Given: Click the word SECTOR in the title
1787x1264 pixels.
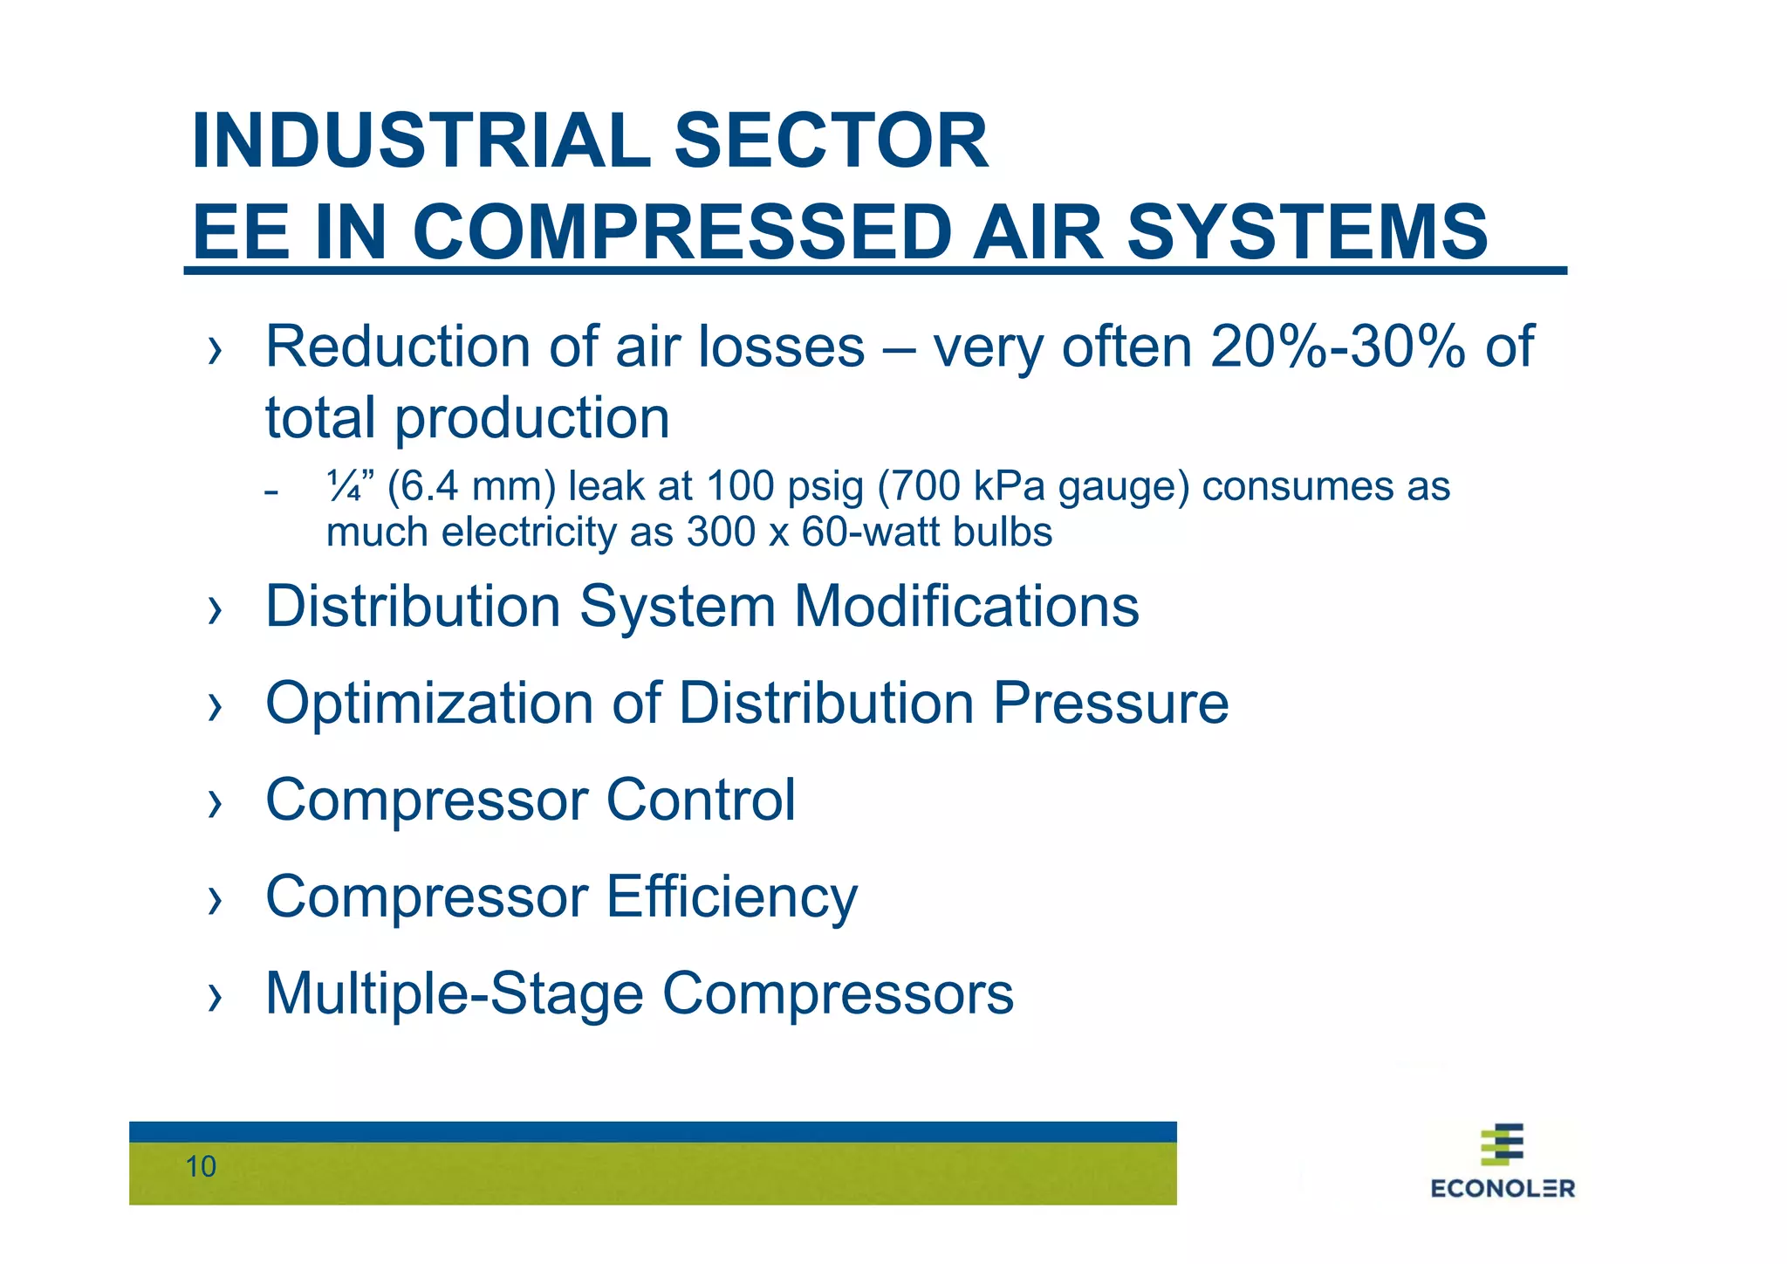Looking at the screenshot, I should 832,141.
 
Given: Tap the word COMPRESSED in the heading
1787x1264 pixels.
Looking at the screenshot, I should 681,232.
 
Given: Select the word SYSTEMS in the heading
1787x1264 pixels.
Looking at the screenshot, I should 1307,232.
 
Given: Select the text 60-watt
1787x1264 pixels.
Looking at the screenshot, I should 873,532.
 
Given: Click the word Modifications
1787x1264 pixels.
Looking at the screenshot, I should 966,607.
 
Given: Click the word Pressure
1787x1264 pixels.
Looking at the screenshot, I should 1111,704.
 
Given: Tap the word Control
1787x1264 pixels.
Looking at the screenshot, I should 701,800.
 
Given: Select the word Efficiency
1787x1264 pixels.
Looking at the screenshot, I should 731,897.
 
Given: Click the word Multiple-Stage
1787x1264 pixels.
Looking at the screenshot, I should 455,994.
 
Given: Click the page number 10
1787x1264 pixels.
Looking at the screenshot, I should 201,1167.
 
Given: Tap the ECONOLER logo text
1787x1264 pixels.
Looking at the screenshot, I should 1503,1189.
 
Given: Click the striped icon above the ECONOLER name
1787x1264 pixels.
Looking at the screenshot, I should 1503,1144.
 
